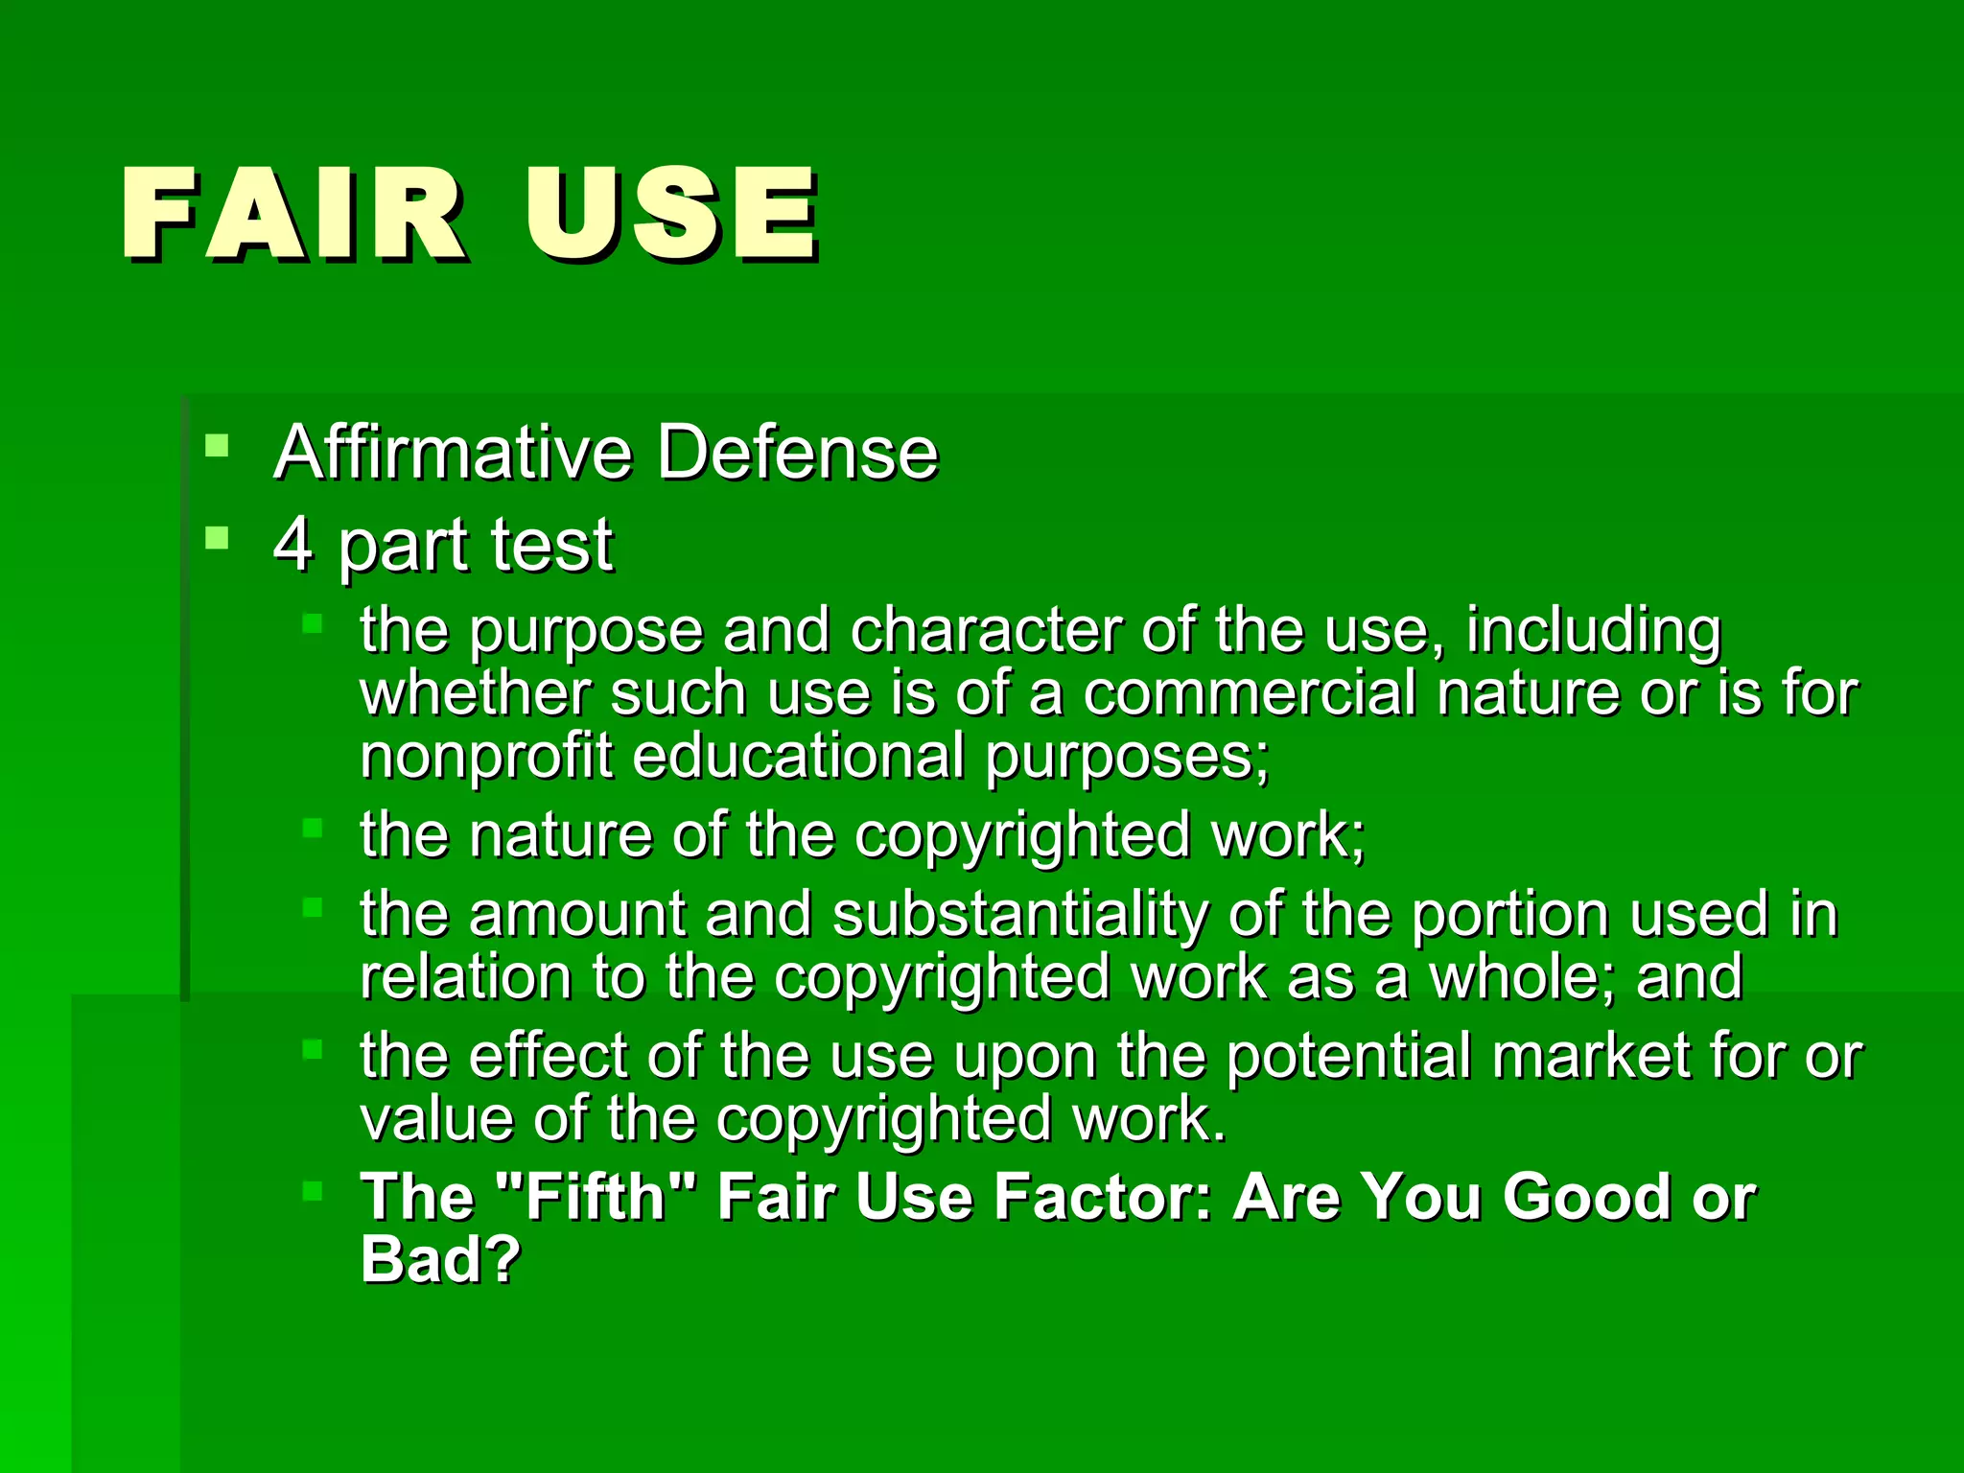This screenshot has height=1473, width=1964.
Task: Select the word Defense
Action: tap(797, 452)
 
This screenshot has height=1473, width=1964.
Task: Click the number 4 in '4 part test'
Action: tap(293, 545)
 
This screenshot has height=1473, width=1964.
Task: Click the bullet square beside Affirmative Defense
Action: tap(218, 445)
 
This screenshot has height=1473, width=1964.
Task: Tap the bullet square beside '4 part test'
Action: tap(218, 537)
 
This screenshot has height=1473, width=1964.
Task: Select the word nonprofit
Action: tap(485, 756)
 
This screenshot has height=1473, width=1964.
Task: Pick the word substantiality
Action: tap(1020, 913)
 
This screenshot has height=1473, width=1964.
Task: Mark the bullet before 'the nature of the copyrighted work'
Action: tap(313, 828)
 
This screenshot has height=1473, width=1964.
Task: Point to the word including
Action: tap(1594, 631)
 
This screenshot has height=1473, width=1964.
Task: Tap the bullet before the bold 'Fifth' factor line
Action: tap(313, 1191)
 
